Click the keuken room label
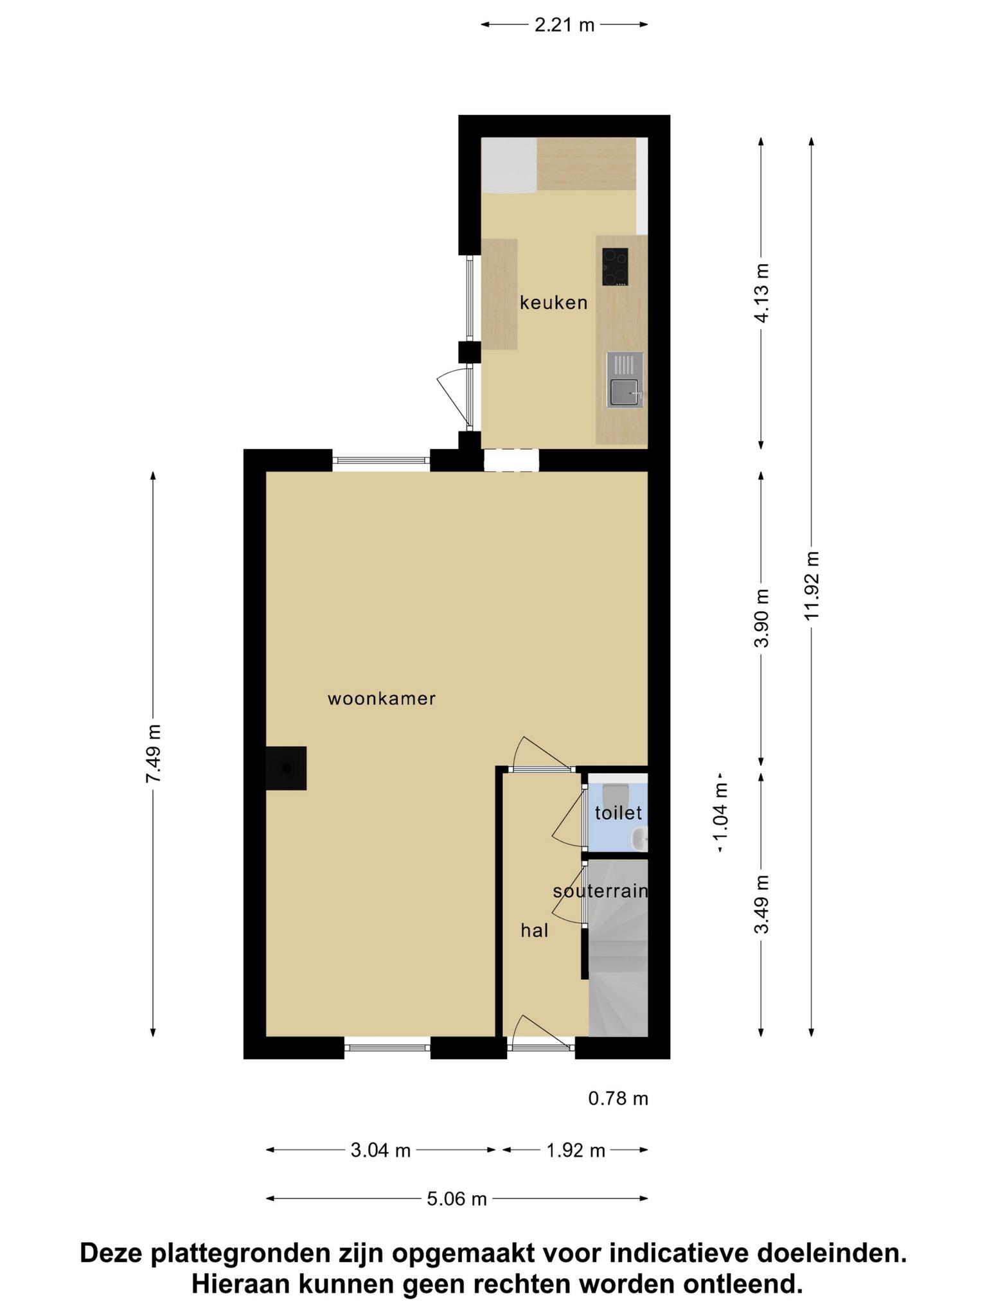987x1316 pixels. click(553, 303)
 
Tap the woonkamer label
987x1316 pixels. click(382, 698)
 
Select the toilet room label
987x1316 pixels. click(618, 813)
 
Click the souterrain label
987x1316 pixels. click(600, 891)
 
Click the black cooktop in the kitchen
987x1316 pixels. click(615, 267)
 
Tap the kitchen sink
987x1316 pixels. click(625, 380)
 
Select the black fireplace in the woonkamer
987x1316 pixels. click(286, 768)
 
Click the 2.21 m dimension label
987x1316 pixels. click(564, 25)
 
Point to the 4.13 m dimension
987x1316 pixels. click(761, 293)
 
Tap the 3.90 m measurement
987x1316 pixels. click(761, 619)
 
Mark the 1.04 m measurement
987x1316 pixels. click(720, 813)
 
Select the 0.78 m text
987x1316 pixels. click(618, 1099)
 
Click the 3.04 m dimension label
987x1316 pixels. click(380, 1150)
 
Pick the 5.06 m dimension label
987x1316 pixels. click(457, 1199)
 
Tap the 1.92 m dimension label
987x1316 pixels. click(576, 1150)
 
